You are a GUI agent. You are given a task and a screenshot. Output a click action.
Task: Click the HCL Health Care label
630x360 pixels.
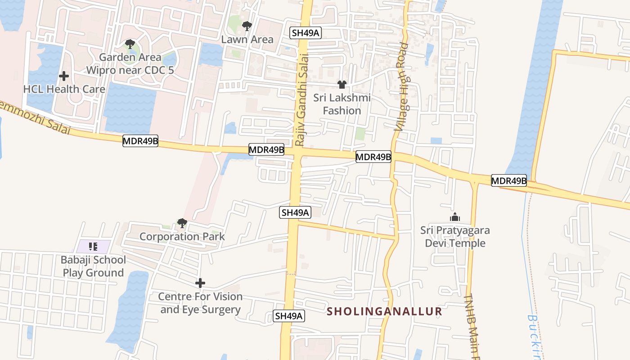tap(64, 89)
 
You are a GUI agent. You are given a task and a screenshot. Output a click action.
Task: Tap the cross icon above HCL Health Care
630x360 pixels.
tap(64, 76)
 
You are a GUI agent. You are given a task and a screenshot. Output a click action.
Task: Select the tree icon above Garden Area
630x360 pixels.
tap(130, 44)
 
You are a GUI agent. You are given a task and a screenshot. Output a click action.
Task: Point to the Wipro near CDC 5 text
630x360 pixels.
tap(130, 70)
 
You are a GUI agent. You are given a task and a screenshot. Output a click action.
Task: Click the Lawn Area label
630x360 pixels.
tap(247, 39)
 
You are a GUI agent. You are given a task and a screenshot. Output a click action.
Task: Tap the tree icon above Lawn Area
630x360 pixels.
tap(247, 26)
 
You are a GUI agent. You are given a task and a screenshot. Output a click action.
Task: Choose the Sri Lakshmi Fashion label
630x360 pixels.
tap(342, 104)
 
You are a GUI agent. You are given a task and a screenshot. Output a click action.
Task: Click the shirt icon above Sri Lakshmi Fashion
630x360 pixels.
tap(342, 85)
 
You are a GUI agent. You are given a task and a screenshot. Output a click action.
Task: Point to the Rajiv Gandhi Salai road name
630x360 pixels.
tap(302, 100)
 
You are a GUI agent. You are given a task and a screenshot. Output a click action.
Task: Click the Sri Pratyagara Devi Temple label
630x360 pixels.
tap(455, 237)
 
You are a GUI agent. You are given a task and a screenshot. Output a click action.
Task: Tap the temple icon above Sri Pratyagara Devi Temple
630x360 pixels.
tap(455, 217)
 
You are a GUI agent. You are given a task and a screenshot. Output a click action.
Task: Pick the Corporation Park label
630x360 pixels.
tap(182, 236)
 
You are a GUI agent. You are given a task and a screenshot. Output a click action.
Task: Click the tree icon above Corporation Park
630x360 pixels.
tap(182, 223)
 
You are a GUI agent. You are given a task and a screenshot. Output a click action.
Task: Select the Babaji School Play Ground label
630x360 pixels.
tap(93, 266)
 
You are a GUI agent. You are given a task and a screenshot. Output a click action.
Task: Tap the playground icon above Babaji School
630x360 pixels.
tap(93, 246)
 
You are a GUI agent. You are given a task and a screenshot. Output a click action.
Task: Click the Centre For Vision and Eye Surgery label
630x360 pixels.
tap(200, 303)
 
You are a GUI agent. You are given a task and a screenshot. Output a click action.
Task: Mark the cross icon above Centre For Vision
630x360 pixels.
tap(200, 283)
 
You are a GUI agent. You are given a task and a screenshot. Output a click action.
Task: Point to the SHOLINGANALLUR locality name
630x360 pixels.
tap(384, 311)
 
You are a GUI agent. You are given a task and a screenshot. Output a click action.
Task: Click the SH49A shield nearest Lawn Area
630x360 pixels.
tap(306, 32)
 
